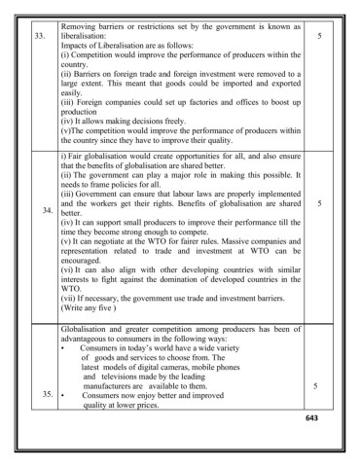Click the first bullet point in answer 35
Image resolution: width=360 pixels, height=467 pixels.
click(63, 346)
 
